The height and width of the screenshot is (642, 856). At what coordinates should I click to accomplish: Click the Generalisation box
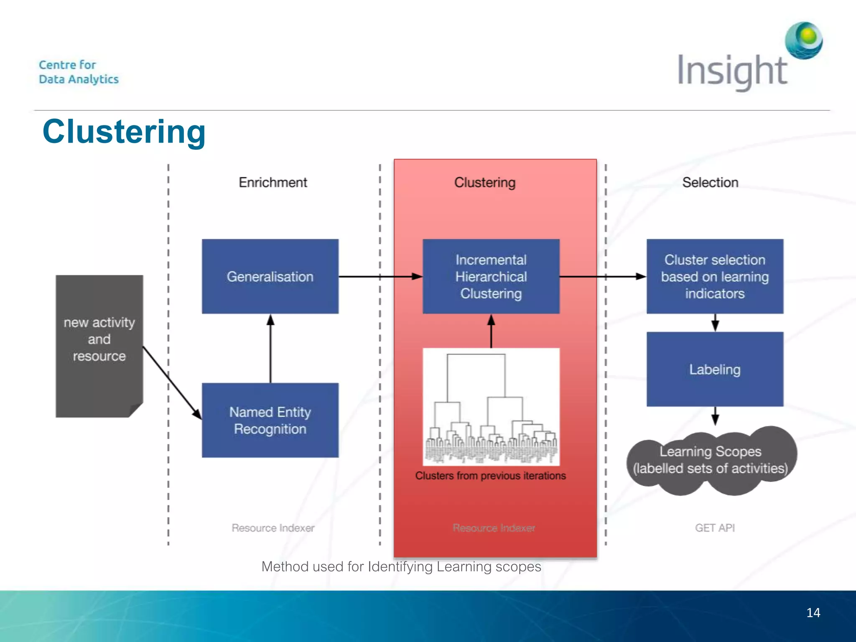(x=270, y=276)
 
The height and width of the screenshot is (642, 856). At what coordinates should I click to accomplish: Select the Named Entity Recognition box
(x=270, y=420)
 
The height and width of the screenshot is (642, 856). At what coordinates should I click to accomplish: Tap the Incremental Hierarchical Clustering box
(x=491, y=276)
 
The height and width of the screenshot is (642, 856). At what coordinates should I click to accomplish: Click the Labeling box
(x=715, y=369)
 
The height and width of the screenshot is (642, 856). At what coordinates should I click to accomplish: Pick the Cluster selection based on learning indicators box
(x=715, y=276)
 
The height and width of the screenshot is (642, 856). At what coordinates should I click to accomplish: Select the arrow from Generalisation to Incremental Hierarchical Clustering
(x=380, y=276)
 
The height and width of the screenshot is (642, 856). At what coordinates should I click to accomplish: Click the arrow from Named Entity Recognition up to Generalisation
(x=270, y=349)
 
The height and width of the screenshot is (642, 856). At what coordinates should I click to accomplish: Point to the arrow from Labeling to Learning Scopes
(x=715, y=416)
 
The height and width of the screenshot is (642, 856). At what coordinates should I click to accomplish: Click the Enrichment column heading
(x=273, y=183)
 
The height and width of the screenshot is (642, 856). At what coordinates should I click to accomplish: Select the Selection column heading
(x=710, y=183)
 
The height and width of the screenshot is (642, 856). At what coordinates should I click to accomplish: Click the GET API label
(x=715, y=528)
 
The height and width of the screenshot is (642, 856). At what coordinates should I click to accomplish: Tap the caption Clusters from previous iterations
(x=490, y=476)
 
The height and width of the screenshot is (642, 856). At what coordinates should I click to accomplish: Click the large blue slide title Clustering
(x=124, y=132)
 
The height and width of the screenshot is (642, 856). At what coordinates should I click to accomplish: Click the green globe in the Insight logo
(x=804, y=40)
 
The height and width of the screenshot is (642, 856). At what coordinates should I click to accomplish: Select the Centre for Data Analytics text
(x=79, y=72)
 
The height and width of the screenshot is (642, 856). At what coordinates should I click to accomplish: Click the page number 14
(x=813, y=613)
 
